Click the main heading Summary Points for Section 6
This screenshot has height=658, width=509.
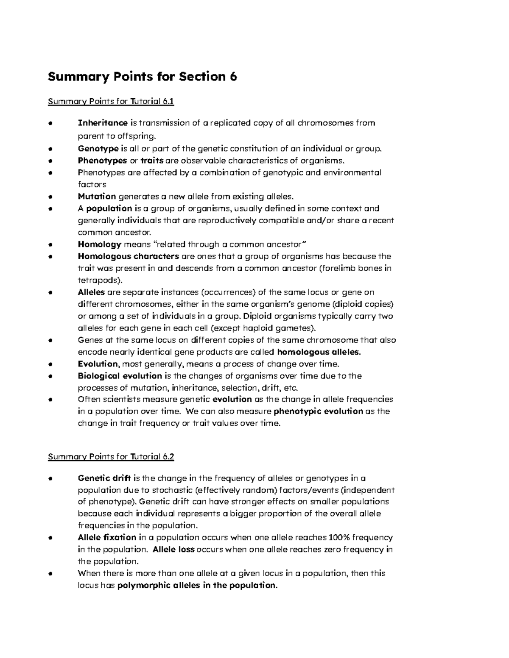click(143, 77)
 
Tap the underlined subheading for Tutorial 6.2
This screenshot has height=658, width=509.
click(111, 457)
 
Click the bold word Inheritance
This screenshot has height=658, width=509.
click(103, 123)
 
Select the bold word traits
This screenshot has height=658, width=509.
click(152, 161)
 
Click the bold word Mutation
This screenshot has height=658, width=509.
click(97, 196)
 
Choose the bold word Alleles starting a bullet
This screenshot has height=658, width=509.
click(92, 292)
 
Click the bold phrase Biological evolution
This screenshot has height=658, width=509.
click(120, 376)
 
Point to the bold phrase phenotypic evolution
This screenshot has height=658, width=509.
click(318, 411)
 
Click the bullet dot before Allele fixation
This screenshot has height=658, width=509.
click(50, 538)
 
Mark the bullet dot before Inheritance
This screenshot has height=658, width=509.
click(50, 123)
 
